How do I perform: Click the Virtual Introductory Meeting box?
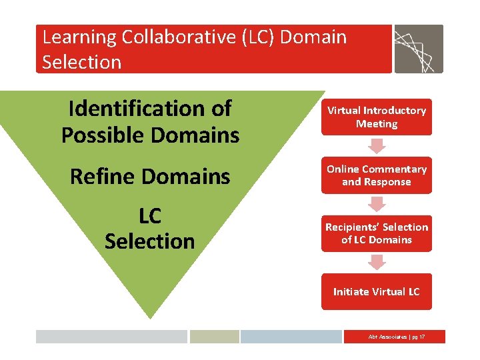(x=376, y=117)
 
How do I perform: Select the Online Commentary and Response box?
(x=376, y=175)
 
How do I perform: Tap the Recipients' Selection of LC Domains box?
(x=376, y=233)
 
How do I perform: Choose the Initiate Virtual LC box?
(x=376, y=291)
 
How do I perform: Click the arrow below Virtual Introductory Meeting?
(x=377, y=145)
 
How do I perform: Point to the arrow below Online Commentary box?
(x=377, y=204)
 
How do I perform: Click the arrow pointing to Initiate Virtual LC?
(x=377, y=262)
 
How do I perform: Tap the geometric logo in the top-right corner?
(x=418, y=49)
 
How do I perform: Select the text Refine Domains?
(x=150, y=177)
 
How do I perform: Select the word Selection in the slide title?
(x=81, y=62)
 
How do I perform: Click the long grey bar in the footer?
(x=111, y=337)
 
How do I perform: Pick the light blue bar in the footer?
(x=291, y=337)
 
